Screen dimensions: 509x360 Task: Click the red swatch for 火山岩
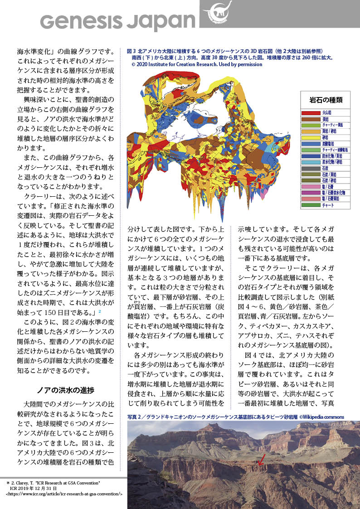click(x=311, y=112)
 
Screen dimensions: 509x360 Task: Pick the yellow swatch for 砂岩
click(x=311, y=137)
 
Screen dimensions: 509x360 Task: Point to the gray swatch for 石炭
click(x=311, y=168)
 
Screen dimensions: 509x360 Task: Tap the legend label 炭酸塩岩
click(x=329, y=143)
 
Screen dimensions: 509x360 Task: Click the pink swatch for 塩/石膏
click(x=311, y=186)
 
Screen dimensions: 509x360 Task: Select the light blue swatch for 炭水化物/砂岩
click(x=311, y=162)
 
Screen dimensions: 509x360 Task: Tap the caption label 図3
click(x=131, y=52)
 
